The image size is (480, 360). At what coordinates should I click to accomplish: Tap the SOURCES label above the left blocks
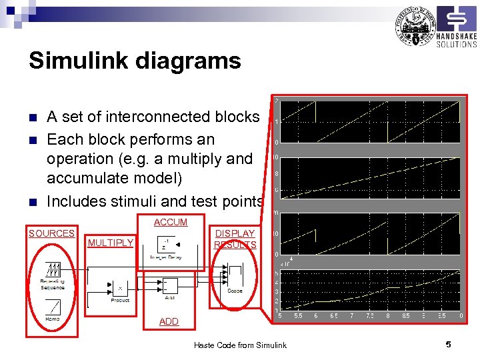point(51,233)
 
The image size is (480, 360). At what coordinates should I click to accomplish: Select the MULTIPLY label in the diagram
point(111,243)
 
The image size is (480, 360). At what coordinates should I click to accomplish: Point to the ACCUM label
point(171,222)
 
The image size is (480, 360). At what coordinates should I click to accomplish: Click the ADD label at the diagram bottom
point(169,321)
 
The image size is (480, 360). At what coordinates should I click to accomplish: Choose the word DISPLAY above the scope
point(235,233)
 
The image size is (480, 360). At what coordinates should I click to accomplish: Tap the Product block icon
point(120,288)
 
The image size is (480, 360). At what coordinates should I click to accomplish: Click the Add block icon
point(169,285)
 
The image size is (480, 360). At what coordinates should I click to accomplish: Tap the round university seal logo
point(415,27)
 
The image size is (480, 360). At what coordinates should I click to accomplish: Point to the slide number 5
point(449,344)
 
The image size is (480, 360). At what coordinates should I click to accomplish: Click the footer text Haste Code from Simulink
point(240,345)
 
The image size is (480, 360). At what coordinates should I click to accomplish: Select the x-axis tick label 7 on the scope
point(351,315)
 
